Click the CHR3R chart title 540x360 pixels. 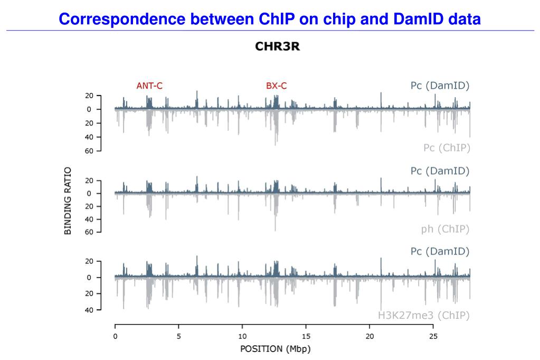(x=277, y=47)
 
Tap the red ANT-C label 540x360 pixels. (x=149, y=86)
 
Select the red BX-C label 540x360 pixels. (x=277, y=86)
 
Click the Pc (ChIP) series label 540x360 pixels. (x=447, y=148)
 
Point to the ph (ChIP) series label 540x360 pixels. (x=446, y=229)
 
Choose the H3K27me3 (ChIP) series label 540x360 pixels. (x=423, y=316)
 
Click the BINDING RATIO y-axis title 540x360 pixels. (x=68, y=201)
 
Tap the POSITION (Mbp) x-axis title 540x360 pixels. (x=275, y=349)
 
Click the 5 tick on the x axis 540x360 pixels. (x=179, y=336)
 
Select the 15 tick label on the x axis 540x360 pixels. (x=306, y=336)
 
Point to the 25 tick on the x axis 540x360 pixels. (x=433, y=336)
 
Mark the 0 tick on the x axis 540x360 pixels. (x=115, y=336)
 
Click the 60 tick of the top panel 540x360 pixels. (x=89, y=151)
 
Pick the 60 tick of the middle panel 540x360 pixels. (x=89, y=232)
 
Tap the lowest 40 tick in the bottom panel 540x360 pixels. (x=89, y=310)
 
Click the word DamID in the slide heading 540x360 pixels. (x=420, y=20)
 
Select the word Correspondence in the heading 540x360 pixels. (x=121, y=20)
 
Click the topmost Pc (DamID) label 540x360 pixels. (x=440, y=86)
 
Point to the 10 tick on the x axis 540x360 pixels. (x=242, y=336)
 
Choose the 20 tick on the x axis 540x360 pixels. (x=370, y=336)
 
